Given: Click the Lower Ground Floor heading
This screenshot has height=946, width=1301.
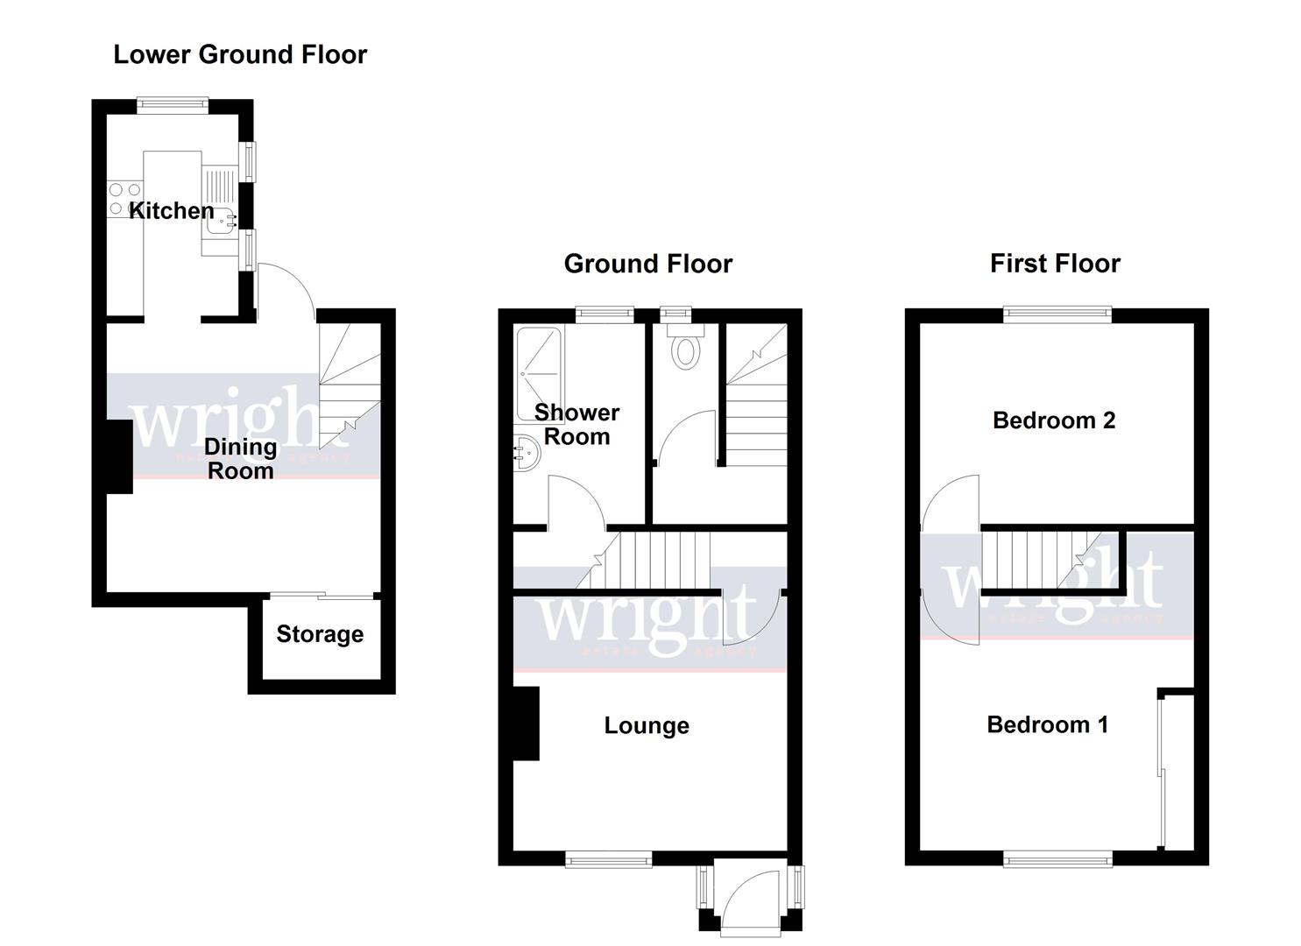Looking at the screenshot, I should pyautogui.click(x=240, y=54).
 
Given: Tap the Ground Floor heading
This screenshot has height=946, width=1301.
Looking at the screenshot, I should pyautogui.click(x=647, y=264).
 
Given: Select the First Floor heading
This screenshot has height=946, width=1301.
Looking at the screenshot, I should pyautogui.click(x=1055, y=264).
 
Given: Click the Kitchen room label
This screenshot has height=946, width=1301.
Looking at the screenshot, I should pyautogui.click(x=172, y=210).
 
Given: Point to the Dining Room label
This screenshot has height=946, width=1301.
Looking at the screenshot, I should pyautogui.click(x=240, y=459).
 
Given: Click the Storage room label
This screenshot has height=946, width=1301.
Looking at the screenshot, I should pyautogui.click(x=320, y=634).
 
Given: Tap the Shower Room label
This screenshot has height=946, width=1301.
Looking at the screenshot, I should pyautogui.click(x=576, y=424).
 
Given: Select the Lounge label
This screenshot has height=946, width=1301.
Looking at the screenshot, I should pyautogui.click(x=647, y=725).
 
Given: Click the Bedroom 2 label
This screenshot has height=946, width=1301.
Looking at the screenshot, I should pyautogui.click(x=1054, y=420).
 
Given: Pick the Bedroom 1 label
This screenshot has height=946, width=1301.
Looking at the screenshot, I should pyautogui.click(x=1047, y=724).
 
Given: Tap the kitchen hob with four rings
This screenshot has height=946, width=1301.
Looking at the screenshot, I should pyautogui.click(x=124, y=199).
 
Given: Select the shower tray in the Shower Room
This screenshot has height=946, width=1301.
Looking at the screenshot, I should pyautogui.click(x=539, y=372).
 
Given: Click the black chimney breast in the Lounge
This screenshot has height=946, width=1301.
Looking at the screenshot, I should pyautogui.click(x=526, y=724).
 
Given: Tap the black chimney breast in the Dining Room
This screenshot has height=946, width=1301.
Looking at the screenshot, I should pyautogui.click(x=119, y=456).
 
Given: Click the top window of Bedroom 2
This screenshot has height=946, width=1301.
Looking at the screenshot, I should pyautogui.click(x=1057, y=315).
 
